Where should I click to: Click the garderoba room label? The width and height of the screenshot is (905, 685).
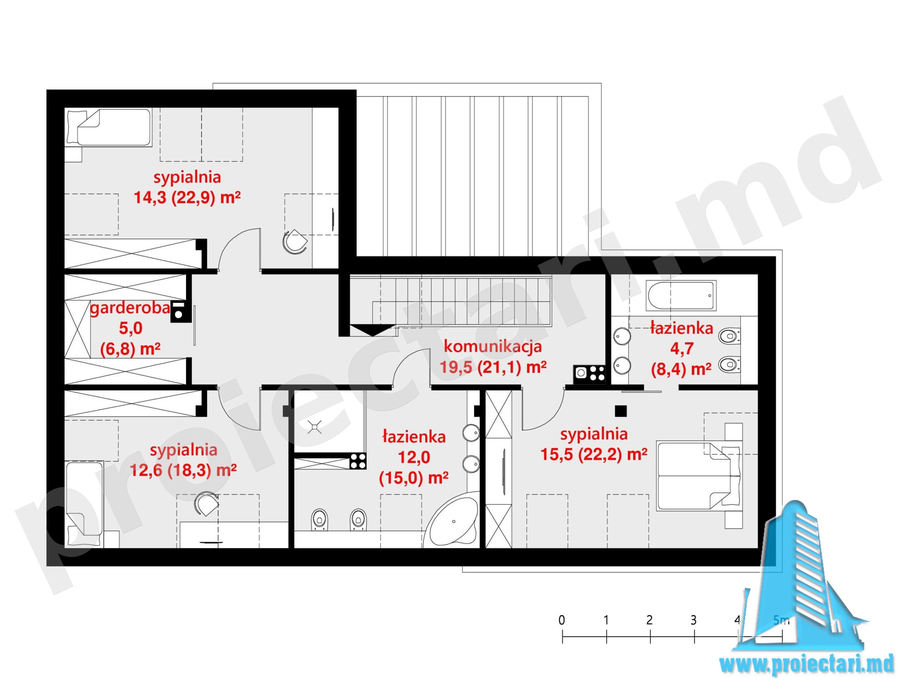coord(130,308)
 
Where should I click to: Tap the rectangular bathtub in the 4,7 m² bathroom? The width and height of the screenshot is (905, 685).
coord(681,295)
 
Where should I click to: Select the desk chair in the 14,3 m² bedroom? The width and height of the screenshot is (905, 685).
coord(295,242)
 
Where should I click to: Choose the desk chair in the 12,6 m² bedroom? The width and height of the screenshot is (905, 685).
coord(206,504)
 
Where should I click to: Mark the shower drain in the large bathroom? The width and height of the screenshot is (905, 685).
coord(314,427)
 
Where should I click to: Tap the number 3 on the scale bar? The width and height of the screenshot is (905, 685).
coord(693,620)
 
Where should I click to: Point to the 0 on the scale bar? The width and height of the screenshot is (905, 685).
coord(562,620)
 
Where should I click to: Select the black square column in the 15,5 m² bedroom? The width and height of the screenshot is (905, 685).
coord(621,411)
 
